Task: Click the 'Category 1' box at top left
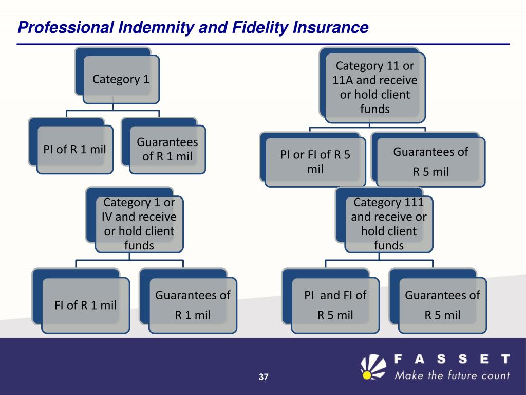[122, 79]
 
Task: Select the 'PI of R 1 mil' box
[74, 150]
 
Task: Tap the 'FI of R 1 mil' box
[86, 305]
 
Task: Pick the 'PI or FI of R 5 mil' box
[315, 161]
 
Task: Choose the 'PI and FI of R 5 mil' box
[335, 305]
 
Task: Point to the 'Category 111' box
[388, 224]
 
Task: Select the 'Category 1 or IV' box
[139, 224]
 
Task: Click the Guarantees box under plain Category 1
[167, 149]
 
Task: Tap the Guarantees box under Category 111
[442, 305]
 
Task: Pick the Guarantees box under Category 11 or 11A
[430, 161]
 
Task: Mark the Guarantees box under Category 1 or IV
[193, 305]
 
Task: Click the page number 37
[264, 378]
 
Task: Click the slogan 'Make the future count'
[452, 375]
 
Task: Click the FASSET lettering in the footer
[452, 358]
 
